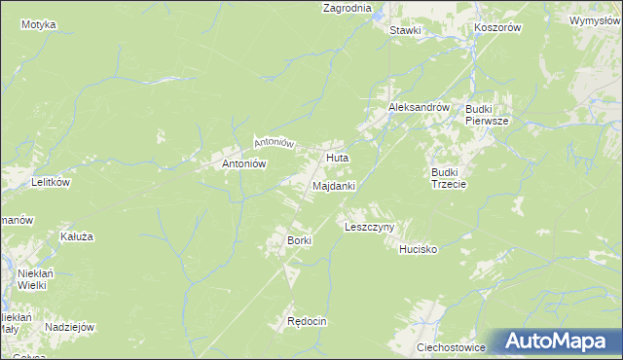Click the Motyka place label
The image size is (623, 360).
[38, 23]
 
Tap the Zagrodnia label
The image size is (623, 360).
[348, 8]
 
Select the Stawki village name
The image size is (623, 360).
[405, 30]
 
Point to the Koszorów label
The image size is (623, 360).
[498, 28]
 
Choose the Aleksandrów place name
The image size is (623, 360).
[419, 108]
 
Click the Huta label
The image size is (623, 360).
[338, 157]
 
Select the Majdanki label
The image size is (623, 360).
[334, 185]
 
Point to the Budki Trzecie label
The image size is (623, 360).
[450, 178]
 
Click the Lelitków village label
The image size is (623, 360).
[49, 182]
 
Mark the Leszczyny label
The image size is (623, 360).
[369, 227]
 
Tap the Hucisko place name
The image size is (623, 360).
[419, 250]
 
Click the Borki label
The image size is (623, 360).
[298, 239]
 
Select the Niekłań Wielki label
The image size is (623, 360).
[33, 280]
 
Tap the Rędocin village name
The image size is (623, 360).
[306, 321]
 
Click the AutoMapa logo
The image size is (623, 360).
[556, 342]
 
